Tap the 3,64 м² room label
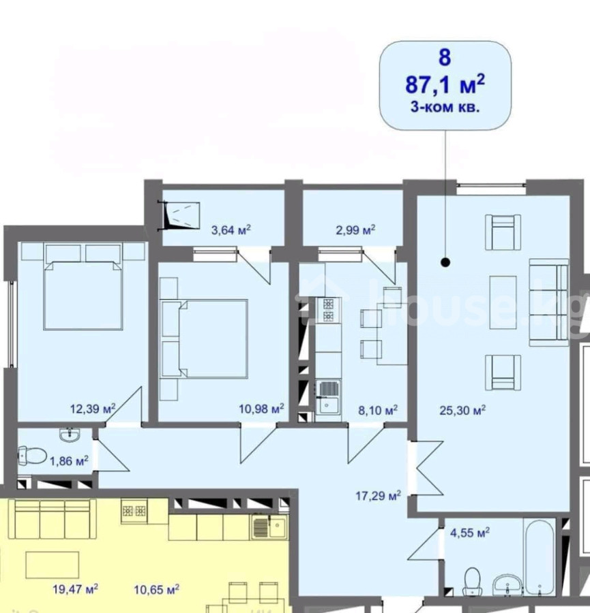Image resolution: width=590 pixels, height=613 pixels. pyautogui.click(x=231, y=230)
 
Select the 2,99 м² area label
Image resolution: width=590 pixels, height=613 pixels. pyautogui.click(x=355, y=230)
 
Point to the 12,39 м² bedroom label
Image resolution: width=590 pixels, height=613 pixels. pyautogui.click(x=93, y=409)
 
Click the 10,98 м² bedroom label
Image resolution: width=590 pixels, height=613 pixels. pyautogui.click(x=261, y=409)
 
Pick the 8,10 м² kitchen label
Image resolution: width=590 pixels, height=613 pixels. pyautogui.click(x=378, y=410)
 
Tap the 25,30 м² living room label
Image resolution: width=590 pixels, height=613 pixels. pyautogui.click(x=463, y=411)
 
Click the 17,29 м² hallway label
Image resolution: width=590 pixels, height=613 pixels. pyautogui.click(x=378, y=496)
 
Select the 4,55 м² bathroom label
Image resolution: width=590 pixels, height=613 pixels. pyautogui.click(x=470, y=533)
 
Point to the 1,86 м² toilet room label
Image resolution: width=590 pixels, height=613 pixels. pyautogui.click(x=69, y=461)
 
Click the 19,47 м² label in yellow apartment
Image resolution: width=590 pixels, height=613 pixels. pyautogui.click(x=75, y=588)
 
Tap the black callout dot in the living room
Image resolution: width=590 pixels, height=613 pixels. pyautogui.click(x=445, y=262)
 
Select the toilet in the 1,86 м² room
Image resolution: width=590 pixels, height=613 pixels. pyautogui.click(x=32, y=456)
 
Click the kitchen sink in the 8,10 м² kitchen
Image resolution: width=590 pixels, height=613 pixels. pyautogui.click(x=327, y=400)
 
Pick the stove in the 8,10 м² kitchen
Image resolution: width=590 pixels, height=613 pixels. pyautogui.click(x=328, y=311)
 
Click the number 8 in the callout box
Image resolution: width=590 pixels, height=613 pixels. pyautogui.click(x=445, y=57)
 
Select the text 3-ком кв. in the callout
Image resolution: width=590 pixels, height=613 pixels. pyautogui.click(x=445, y=107)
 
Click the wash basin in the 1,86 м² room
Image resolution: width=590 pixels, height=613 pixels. pyautogui.click(x=70, y=435)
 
